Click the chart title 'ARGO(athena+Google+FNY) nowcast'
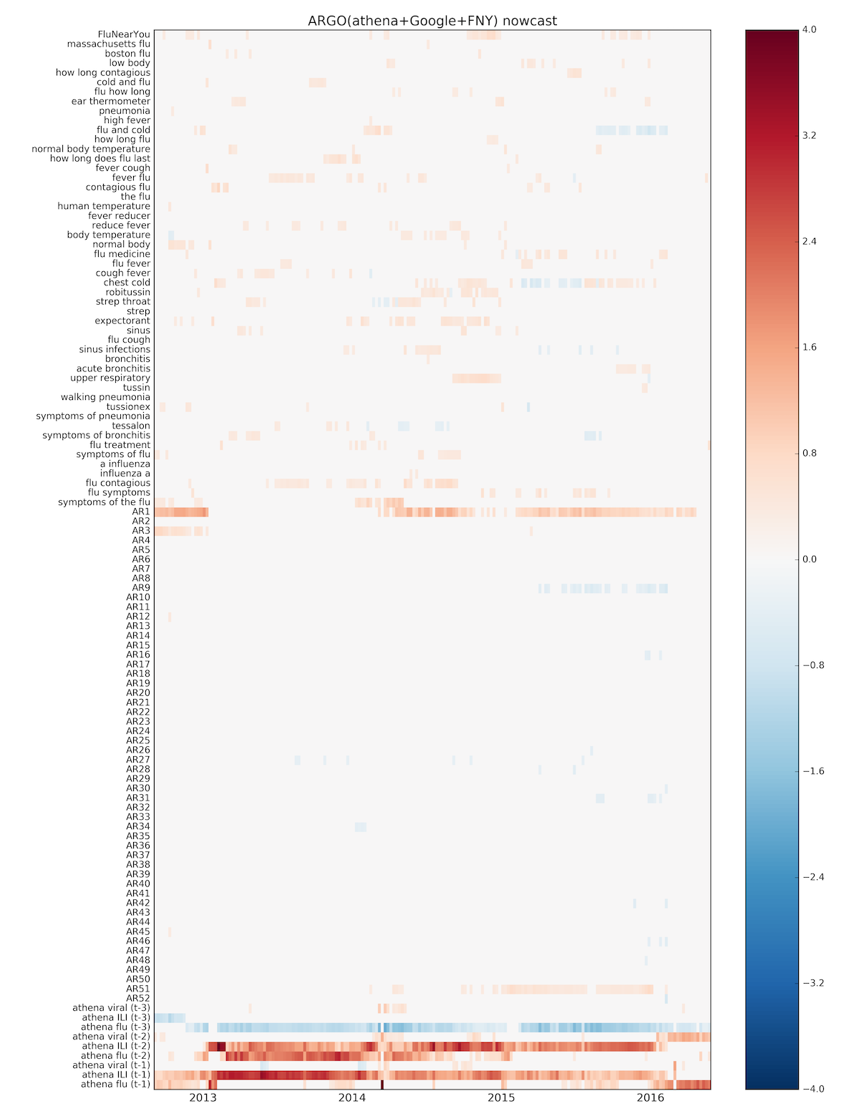[432, 21]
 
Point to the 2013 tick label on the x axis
[203, 1098]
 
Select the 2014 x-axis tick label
[351, 1098]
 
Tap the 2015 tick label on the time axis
[501, 1098]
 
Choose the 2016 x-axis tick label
[650, 1098]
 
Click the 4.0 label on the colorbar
[810, 30]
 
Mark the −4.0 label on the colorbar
[813, 1089]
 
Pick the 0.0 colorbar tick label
[810, 559]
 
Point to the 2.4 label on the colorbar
[810, 242]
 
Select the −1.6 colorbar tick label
[813, 771]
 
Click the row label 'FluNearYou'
[124, 34]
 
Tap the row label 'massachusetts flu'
[109, 44]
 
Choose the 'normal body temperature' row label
[91, 149]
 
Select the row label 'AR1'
[141, 511]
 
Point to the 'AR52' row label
[138, 998]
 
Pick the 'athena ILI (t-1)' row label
[116, 1075]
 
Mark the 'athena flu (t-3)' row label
[116, 1027]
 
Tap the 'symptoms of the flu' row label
[105, 502]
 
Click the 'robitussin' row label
[128, 292]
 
